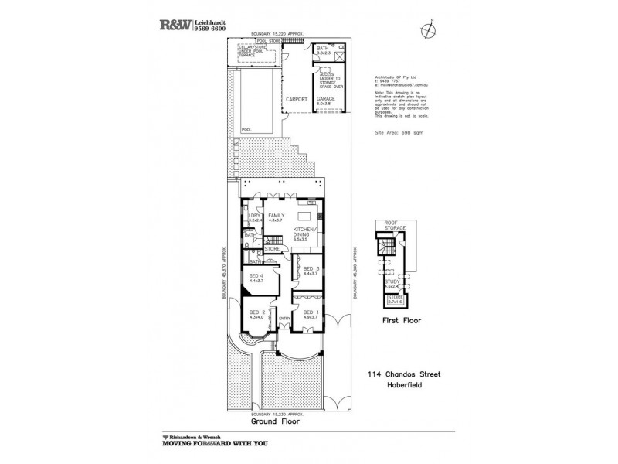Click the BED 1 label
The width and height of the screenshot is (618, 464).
pos(310,312)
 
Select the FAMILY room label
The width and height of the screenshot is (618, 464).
pos(277,217)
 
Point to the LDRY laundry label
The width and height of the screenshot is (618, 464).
pos(253,217)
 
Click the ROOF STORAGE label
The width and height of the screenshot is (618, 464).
pos(394,226)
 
